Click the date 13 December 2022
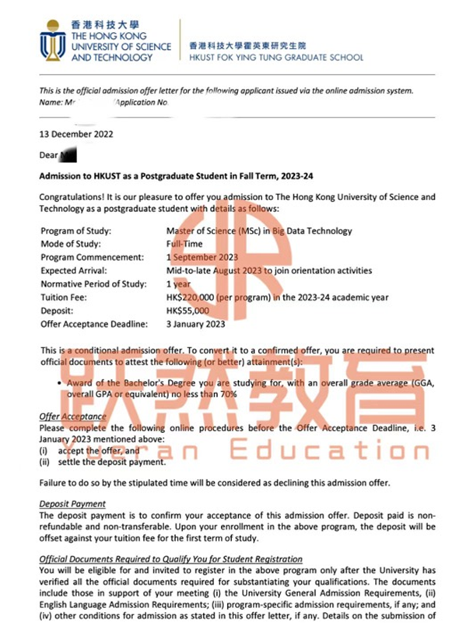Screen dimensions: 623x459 click(76, 134)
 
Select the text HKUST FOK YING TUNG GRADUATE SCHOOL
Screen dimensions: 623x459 click(275, 57)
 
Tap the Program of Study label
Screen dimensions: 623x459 click(75, 231)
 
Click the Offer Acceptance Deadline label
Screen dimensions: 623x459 click(90, 324)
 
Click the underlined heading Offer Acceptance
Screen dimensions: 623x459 click(73, 417)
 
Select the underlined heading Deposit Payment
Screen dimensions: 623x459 click(72, 505)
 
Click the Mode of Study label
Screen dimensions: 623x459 click(71, 245)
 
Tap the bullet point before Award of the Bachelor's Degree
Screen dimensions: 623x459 click(61, 382)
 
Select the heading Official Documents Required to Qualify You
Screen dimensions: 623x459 click(171, 559)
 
